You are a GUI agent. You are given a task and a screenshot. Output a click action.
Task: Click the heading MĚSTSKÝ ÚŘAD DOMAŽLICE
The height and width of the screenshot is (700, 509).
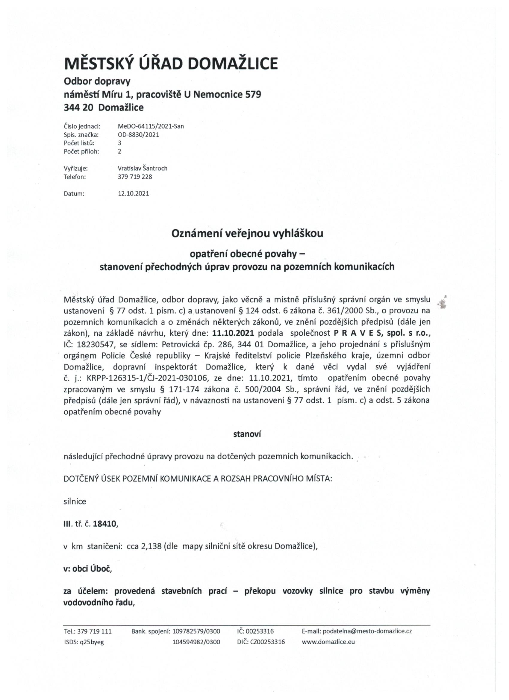(x=171, y=63)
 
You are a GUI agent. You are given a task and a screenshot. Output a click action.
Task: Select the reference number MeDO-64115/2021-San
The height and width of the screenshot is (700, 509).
(x=151, y=126)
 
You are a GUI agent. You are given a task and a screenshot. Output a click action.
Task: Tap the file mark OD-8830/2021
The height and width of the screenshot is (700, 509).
(x=139, y=134)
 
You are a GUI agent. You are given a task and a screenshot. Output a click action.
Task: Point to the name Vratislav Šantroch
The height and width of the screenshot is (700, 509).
(x=143, y=168)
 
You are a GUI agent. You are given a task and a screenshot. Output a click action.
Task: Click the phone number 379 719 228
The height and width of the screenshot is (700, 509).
(x=135, y=177)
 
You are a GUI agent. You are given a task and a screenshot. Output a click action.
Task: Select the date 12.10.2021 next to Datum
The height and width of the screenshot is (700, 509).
(x=133, y=193)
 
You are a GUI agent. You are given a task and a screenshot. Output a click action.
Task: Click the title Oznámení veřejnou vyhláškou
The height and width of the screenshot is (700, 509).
(x=247, y=233)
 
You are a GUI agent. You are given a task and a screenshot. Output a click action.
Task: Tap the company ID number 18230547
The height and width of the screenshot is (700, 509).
(x=98, y=344)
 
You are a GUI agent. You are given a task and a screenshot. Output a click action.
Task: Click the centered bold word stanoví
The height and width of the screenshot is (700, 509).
(x=247, y=434)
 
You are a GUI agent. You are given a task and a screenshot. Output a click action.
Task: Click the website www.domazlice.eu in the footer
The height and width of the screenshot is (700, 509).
(x=328, y=642)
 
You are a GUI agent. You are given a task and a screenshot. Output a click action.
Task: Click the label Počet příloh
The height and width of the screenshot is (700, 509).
(x=81, y=151)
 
